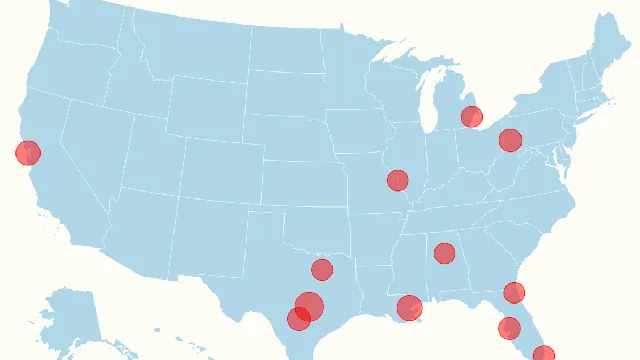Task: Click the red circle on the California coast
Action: (x=28, y=153)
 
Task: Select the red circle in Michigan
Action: (x=471, y=117)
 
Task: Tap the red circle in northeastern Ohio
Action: (x=510, y=140)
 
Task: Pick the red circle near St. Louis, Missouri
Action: (x=397, y=180)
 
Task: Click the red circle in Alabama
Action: (x=444, y=253)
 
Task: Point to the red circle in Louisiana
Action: (x=409, y=307)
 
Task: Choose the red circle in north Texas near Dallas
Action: (x=321, y=269)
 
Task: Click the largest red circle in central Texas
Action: (x=311, y=306)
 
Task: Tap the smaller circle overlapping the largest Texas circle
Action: (x=297, y=319)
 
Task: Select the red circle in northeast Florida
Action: (x=514, y=293)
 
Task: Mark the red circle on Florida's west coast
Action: (x=509, y=327)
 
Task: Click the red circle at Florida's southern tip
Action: (x=543, y=354)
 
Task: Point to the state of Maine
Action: (x=606, y=50)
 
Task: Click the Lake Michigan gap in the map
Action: (x=433, y=105)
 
